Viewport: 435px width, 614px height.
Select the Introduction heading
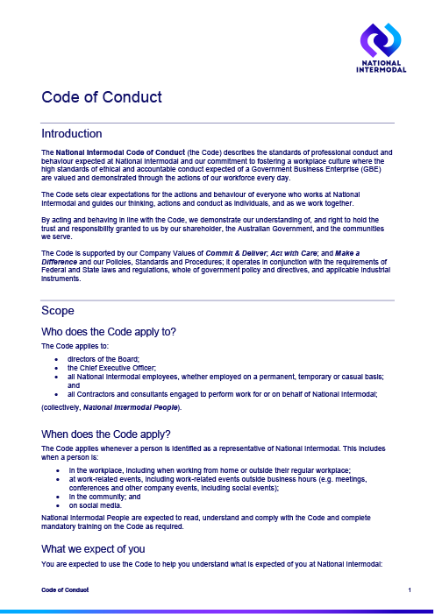pyautogui.click(x=72, y=134)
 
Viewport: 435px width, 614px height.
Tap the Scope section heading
pyautogui.click(x=59, y=311)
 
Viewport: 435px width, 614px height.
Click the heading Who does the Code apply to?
pyautogui.click(x=109, y=331)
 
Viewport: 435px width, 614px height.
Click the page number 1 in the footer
pyautogui.click(x=410, y=593)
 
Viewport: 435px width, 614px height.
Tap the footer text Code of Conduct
pyautogui.click(x=65, y=593)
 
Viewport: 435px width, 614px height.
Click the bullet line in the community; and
pyautogui.click(x=100, y=497)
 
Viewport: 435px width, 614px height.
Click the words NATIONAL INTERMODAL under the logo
pyautogui.click(x=379, y=67)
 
